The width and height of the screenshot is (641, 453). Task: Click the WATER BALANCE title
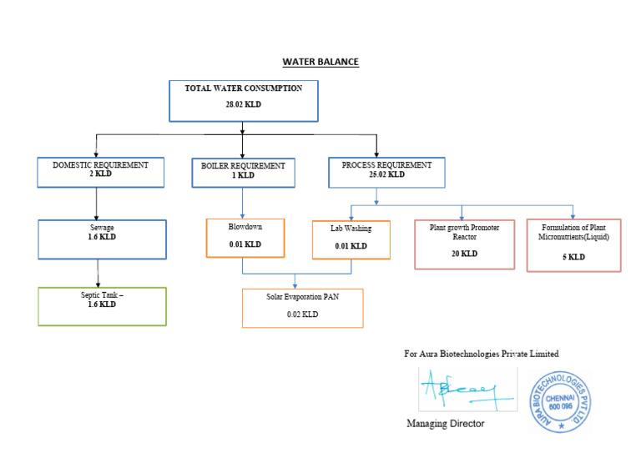(320, 62)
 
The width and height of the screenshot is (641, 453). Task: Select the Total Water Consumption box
(244, 100)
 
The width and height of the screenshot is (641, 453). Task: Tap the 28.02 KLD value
(244, 104)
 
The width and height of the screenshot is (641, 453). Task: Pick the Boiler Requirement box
(243, 172)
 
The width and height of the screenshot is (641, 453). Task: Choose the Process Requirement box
(386, 172)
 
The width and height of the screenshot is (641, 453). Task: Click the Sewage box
(102, 239)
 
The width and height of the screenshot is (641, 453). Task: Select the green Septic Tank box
(102, 306)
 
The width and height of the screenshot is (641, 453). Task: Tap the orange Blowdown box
(245, 237)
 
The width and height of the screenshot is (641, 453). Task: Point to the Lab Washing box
(351, 239)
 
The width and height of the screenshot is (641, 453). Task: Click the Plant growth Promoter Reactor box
(464, 244)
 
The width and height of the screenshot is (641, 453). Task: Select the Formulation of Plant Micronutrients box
(573, 245)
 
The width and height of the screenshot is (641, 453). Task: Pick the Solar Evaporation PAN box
(302, 308)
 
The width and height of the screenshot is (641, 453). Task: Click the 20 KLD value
(464, 254)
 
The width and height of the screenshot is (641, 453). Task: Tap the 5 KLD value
(573, 257)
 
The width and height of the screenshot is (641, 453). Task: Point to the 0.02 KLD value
(302, 315)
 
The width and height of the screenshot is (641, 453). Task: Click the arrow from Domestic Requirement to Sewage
(98, 204)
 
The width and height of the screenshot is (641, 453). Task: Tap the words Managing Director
(445, 424)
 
